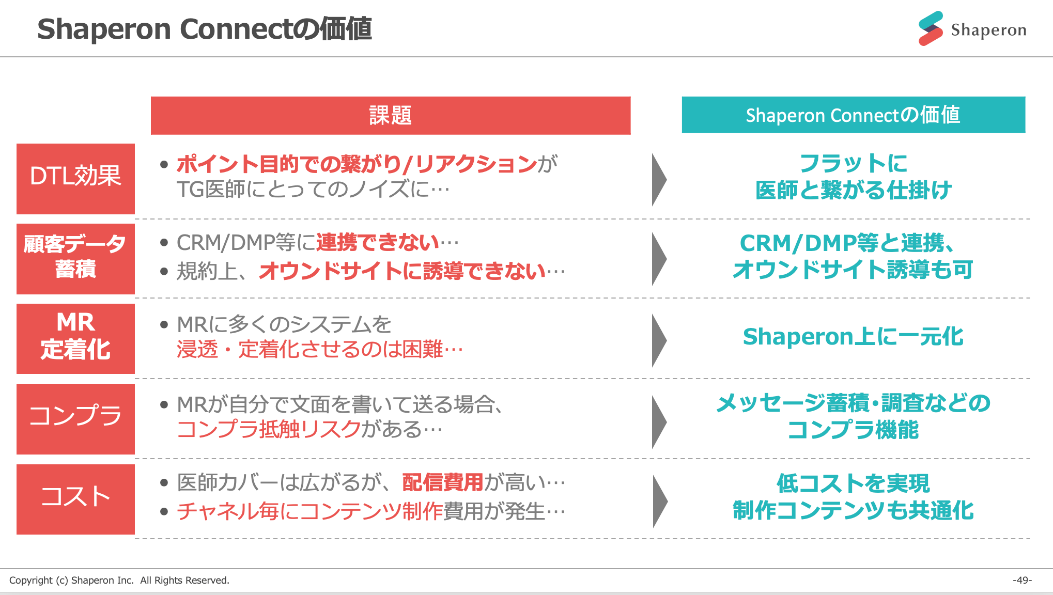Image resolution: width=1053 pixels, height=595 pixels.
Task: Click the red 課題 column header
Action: pos(390,115)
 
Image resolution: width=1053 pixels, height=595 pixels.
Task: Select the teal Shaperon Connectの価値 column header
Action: pos(853,115)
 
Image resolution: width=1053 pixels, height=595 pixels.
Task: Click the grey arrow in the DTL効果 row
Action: pos(659,179)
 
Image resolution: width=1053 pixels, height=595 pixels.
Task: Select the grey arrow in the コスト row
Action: pos(660,501)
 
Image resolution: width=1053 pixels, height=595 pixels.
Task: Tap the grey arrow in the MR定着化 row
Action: pos(659,340)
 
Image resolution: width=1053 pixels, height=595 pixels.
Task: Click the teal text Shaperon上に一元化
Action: pos(853,337)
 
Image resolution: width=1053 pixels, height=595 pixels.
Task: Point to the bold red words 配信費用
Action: pos(442,482)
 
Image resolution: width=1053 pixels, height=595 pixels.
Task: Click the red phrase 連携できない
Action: pos(377,242)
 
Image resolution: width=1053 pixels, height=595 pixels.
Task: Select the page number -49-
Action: pos(1021,580)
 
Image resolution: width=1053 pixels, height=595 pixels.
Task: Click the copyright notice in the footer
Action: pos(119,580)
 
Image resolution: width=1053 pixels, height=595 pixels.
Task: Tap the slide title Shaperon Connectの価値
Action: pos(205,29)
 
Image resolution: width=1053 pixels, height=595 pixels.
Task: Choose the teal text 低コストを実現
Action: pos(853,483)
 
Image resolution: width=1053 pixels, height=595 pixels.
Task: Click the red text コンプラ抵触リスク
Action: pos(269,429)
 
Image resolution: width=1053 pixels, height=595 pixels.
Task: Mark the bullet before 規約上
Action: pos(164,271)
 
